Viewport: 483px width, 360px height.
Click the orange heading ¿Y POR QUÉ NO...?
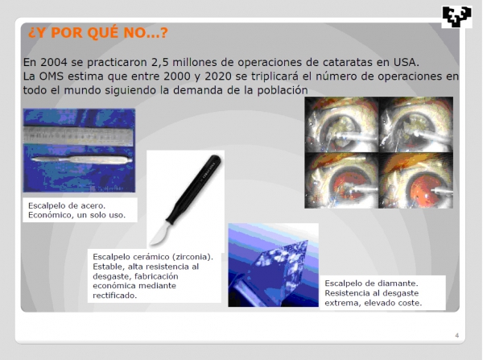[98, 33]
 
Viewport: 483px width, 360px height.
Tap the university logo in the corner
[456, 17]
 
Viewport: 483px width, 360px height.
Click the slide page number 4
[456, 335]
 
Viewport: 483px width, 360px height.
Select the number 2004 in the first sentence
[54, 62]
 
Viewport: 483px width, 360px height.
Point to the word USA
[406, 62]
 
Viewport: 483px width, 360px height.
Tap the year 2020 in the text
[218, 77]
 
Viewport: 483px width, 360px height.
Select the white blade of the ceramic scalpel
[160, 234]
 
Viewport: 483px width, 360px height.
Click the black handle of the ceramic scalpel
[194, 188]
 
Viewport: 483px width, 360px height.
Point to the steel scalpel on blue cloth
[81, 159]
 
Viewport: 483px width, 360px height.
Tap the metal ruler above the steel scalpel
[78, 135]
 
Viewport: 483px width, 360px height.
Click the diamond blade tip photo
[273, 265]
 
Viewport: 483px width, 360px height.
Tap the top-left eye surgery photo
[341, 125]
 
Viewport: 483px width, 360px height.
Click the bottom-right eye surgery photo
[416, 180]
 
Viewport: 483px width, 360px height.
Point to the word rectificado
[114, 296]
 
